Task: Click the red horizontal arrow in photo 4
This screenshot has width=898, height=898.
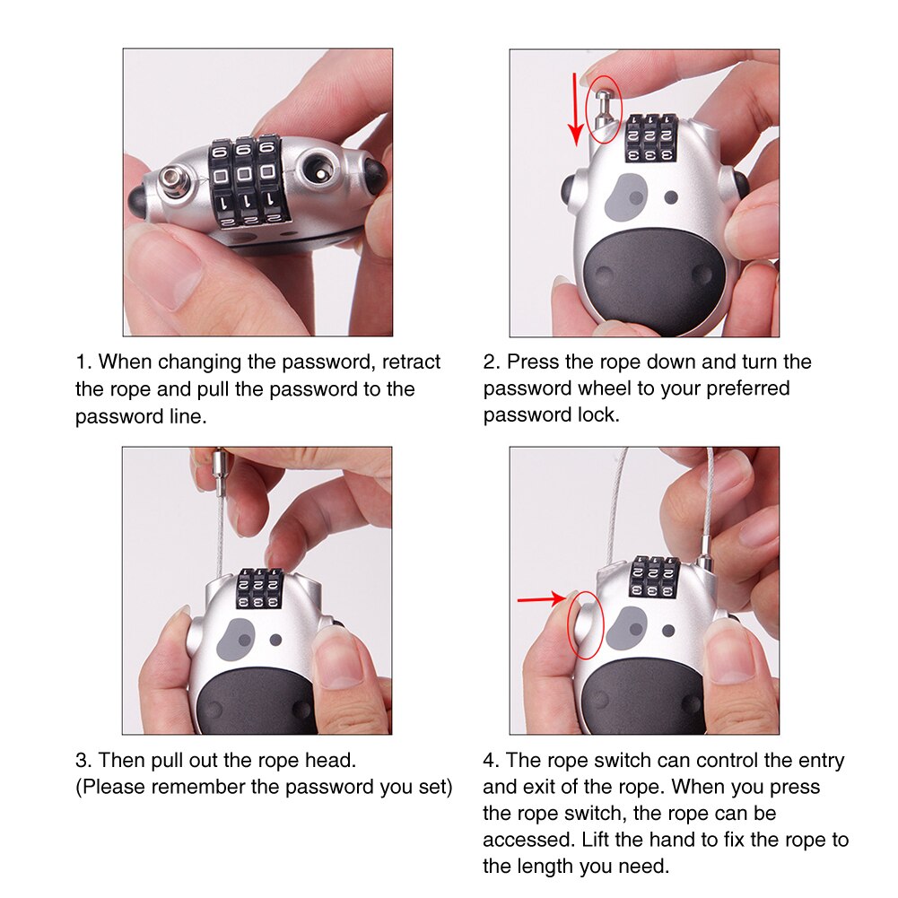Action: (x=541, y=598)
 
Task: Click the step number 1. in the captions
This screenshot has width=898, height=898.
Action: (x=83, y=362)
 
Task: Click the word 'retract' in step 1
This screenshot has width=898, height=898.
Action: (x=411, y=362)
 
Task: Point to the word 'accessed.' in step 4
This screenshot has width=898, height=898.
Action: (x=525, y=841)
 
